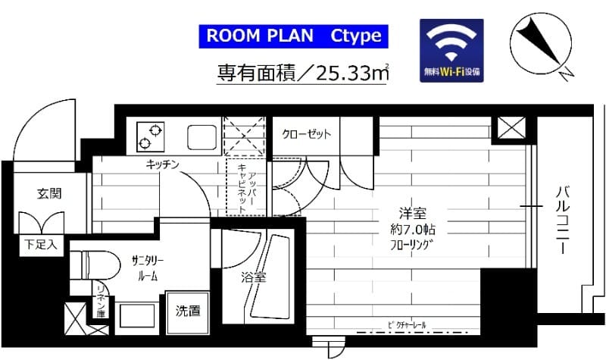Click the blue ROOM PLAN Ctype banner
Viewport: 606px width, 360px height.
(x=294, y=36)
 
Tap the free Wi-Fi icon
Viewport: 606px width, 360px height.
(x=451, y=50)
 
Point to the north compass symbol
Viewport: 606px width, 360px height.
(x=542, y=43)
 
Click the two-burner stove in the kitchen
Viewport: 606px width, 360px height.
(x=150, y=136)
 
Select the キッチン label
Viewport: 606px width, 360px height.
(x=163, y=164)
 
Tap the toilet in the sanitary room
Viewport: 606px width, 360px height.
(x=95, y=265)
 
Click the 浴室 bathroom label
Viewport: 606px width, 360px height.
(x=254, y=277)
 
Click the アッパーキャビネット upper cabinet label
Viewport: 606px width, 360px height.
(x=247, y=188)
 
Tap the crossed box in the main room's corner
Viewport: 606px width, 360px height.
(x=506, y=130)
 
